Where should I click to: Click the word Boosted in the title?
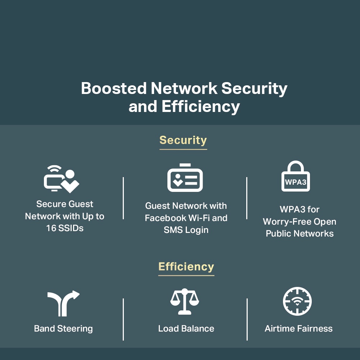point(113,89)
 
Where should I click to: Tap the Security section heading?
point(183,140)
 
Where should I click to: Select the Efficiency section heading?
point(186,267)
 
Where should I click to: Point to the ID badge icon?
point(185,178)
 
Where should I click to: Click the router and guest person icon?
point(61,179)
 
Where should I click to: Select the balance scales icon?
point(185,302)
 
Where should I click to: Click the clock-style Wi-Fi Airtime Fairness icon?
point(297,302)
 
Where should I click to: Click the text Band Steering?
point(63,329)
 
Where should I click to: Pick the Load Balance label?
point(186,329)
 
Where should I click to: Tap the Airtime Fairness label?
point(298,329)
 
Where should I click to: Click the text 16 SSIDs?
point(65,228)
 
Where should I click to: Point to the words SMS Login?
point(186,230)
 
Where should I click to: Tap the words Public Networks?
point(300,234)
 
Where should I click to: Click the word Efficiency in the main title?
point(201,107)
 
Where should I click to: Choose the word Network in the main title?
point(184,89)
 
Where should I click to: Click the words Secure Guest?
point(65,204)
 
